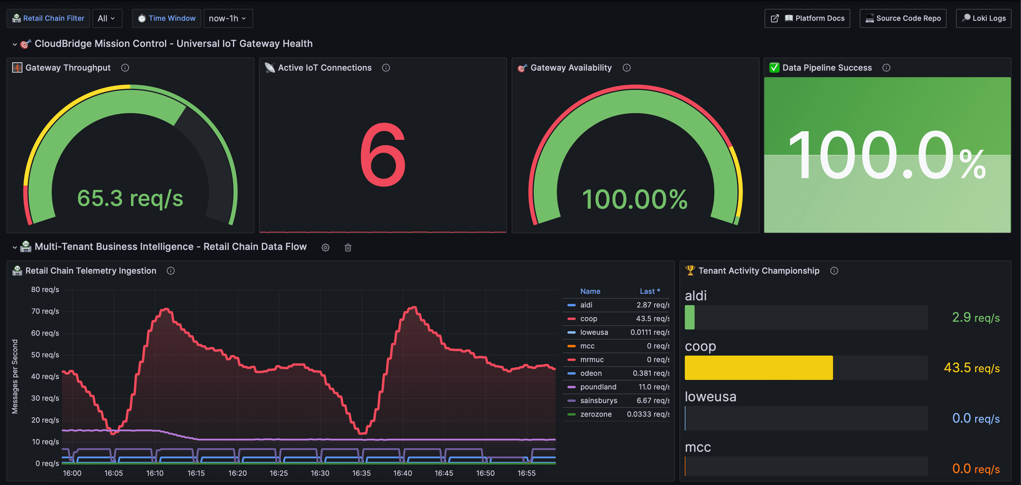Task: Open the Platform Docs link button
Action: click(x=807, y=18)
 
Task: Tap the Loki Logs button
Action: click(x=983, y=18)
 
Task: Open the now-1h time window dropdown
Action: click(x=227, y=18)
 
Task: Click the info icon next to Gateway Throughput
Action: click(x=125, y=68)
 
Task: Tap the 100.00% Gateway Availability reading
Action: click(x=634, y=199)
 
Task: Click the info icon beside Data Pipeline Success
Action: click(x=886, y=68)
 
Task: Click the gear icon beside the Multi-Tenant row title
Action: click(x=326, y=248)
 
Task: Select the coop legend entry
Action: click(x=588, y=319)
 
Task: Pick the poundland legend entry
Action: click(x=598, y=387)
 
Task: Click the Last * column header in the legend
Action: click(x=650, y=291)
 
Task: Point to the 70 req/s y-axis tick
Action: click(x=45, y=311)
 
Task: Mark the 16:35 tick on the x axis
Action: click(x=361, y=473)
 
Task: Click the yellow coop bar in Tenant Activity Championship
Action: click(x=759, y=367)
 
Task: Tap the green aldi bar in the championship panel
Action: click(x=690, y=317)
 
